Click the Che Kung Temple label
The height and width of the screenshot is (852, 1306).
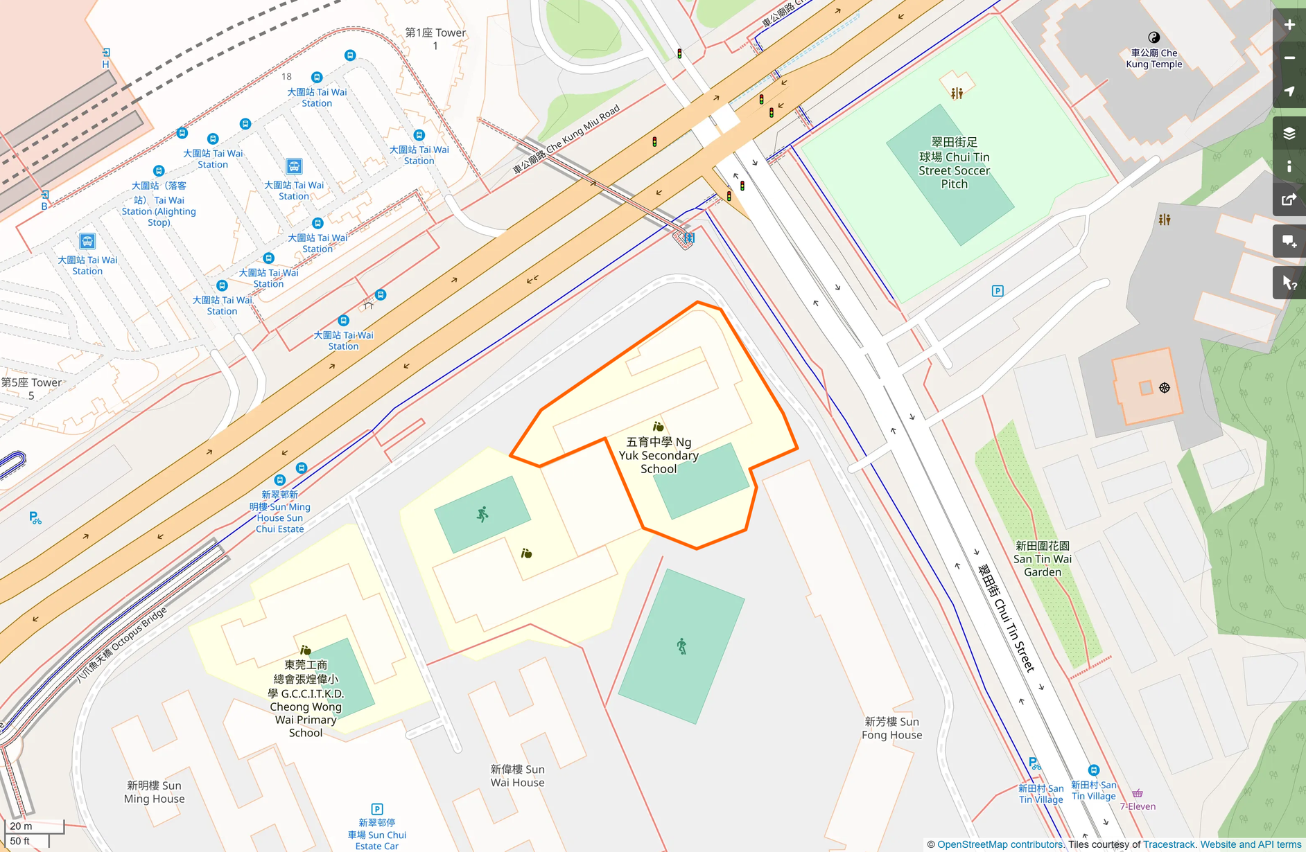coord(1153,58)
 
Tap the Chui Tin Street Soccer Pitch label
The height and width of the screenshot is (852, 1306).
coord(954,163)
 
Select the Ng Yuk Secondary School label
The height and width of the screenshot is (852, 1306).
coord(659,455)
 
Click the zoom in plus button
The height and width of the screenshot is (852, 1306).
coord(1289,25)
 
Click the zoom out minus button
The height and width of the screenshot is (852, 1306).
coord(1289,58)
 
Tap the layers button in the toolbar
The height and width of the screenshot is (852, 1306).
coord(1289,133)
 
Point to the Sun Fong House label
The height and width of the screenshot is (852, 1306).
coord(891,728)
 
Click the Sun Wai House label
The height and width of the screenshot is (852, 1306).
coord(517,776)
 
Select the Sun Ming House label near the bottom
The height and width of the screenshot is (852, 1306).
coord(154,792)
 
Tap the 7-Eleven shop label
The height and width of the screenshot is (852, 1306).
coord(1138,806)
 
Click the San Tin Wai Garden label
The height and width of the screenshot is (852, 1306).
coord(1042,559)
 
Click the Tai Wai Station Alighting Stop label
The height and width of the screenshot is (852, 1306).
coord(159,204)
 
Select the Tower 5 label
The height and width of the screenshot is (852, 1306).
coord(31,389)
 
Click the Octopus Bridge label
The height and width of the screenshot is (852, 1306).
coord(122,644)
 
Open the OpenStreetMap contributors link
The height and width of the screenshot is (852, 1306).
coord(1000,844)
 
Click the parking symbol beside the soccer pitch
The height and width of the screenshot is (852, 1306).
coord(997,291)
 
